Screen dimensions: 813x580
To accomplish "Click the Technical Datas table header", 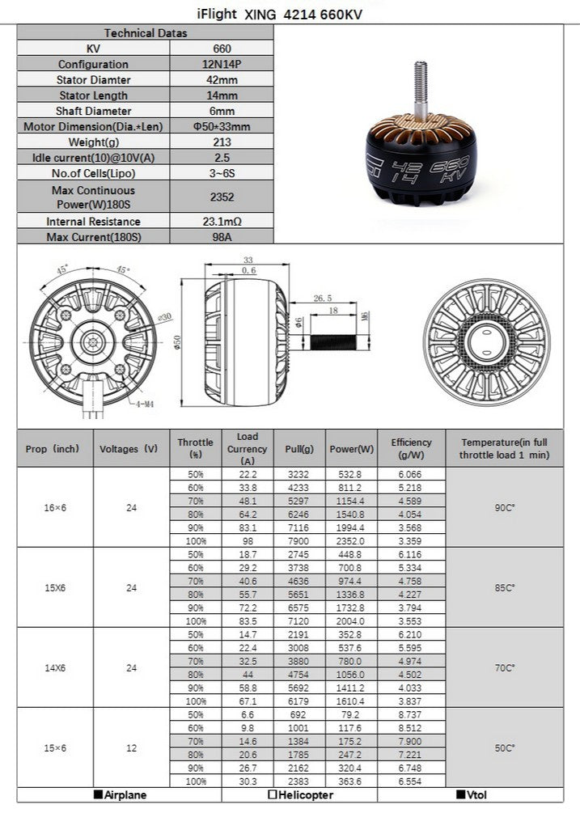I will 146,33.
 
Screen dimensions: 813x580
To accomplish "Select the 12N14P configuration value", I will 222,64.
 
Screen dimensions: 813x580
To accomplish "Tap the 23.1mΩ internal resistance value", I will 222,221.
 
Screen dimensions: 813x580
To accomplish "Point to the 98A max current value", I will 222,236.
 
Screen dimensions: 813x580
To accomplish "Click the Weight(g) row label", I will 94,142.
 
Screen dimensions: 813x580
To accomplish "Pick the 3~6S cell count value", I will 222,173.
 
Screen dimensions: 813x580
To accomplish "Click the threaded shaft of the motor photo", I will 421,89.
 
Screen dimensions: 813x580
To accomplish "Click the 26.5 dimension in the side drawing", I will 322,297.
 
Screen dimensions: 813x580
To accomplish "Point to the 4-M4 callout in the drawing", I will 146,402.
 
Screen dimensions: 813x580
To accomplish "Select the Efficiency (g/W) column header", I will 411,448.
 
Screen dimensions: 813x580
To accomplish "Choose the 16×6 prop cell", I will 55,507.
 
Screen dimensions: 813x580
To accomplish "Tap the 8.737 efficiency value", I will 411,714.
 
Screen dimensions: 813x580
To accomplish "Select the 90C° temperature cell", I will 505,507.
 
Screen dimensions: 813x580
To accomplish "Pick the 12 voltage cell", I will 131,748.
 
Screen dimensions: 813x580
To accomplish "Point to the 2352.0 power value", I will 351,540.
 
